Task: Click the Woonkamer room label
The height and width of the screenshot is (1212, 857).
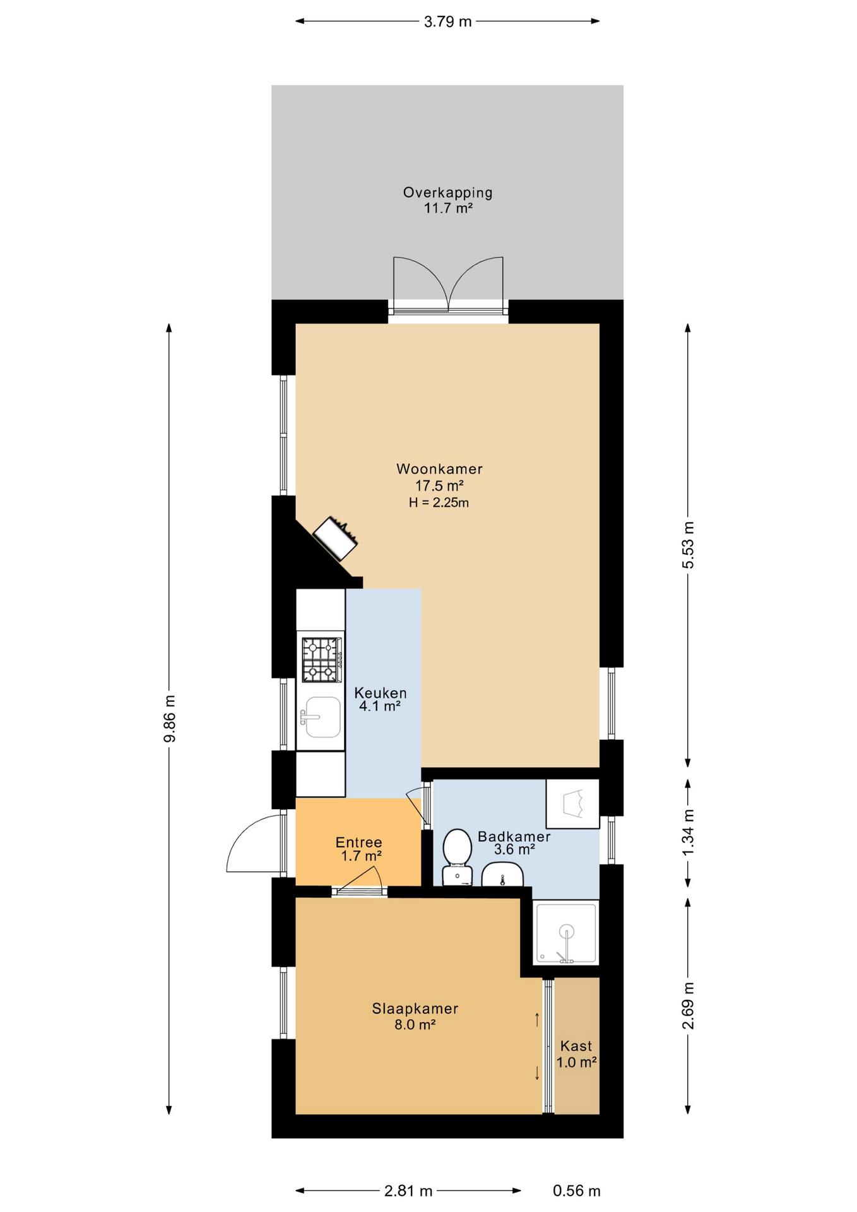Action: tap(439, 469)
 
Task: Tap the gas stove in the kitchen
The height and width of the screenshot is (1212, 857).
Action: tap(322, 660)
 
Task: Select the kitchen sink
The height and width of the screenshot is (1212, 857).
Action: tap(322, 717)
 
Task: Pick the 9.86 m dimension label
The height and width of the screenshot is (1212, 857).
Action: tap(169, 718)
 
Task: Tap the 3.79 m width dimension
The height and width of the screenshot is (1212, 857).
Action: tap(447, 22)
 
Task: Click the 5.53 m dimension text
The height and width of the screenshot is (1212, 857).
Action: tap(688, 545)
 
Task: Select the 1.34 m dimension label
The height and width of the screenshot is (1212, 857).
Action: tap(688, 833)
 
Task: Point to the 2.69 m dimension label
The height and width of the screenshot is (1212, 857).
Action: tap(688, 1006)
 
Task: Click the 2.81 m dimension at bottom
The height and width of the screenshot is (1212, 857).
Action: tap(408, 1191)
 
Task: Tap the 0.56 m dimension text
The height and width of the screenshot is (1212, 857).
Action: tap(577, 1191)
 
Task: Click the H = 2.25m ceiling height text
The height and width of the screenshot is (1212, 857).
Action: tap(439, 502)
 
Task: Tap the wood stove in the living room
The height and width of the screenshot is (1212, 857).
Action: tap(335, 538)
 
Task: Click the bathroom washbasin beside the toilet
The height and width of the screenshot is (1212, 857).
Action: tap(502, 875)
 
